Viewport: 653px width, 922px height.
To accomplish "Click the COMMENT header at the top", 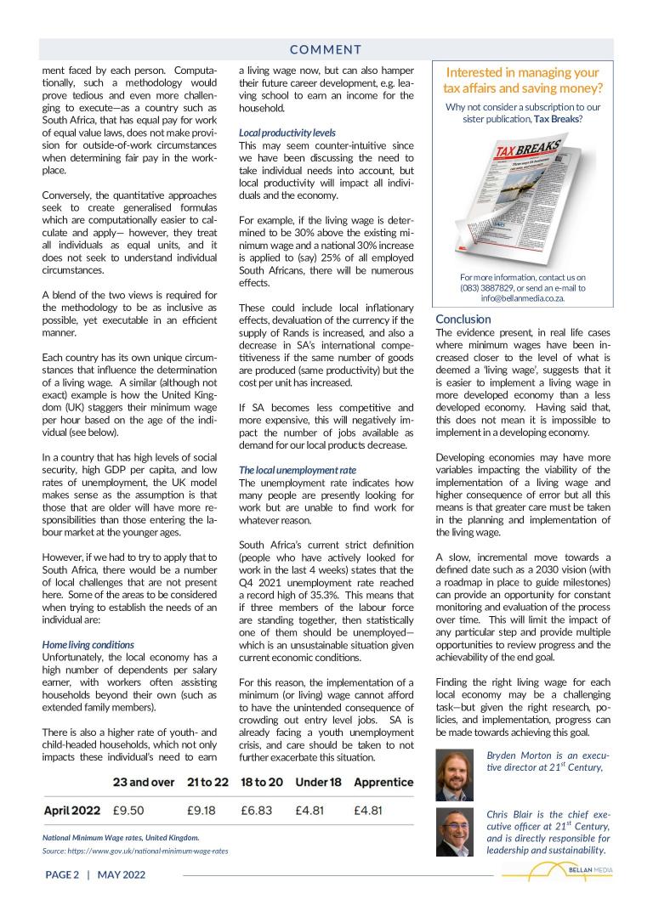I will (x=326, y=49).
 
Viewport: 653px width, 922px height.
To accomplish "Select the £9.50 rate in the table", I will (x=128, y=810).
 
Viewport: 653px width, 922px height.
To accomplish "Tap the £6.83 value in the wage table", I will (x=258, y=810).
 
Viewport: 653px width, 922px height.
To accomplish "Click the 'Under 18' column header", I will (x=317, y=782).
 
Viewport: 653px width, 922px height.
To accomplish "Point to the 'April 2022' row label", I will (x=72, y=810).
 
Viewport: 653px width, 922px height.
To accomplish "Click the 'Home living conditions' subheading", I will (x=88, y=645).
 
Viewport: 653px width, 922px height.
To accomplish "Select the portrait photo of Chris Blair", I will (x=453, y=832).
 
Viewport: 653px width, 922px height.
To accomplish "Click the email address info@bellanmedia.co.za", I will (x=523, y=299).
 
